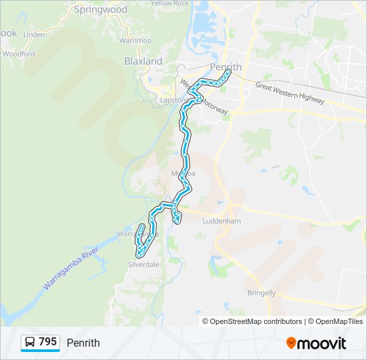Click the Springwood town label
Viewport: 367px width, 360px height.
coord(100,10)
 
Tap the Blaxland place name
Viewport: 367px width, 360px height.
coord(143,61)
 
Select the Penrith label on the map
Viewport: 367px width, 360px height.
coord(225,68)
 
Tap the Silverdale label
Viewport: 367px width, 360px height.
coord(143,264)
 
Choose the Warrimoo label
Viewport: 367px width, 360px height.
coord(135,41)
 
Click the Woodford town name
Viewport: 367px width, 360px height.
coord(18,54)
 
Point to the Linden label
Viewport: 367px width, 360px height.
coord(34,34)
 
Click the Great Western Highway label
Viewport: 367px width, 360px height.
coord(290,93)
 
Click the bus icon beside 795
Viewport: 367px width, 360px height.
coord(30,343)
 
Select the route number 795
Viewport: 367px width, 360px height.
coord(48,342)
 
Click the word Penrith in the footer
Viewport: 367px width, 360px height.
coord(83,343)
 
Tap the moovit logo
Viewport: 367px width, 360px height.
coord(316,343)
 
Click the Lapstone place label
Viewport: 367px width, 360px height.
coord(171,100)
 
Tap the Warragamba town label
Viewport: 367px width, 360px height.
coord(129,235)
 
